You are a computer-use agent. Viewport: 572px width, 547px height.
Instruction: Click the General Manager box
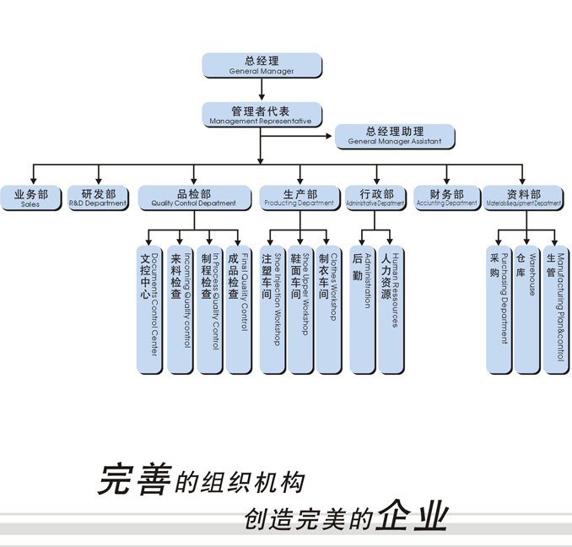[262, 65]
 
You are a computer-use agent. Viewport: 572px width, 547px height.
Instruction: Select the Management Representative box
[262, 115]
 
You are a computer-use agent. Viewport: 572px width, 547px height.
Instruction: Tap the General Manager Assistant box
[395, 136]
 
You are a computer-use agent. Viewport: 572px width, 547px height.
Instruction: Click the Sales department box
[30, 198]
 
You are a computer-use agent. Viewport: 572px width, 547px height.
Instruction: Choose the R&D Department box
[98, 198]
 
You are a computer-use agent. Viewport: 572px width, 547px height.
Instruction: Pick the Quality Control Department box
[194, 198]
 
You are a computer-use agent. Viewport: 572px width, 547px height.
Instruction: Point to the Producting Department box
[299, 198]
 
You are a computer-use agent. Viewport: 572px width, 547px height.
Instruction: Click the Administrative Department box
[375, 198]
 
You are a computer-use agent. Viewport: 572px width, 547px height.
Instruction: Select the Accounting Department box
[446, 198]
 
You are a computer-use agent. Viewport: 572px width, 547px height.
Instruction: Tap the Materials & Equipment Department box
[524, 198]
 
